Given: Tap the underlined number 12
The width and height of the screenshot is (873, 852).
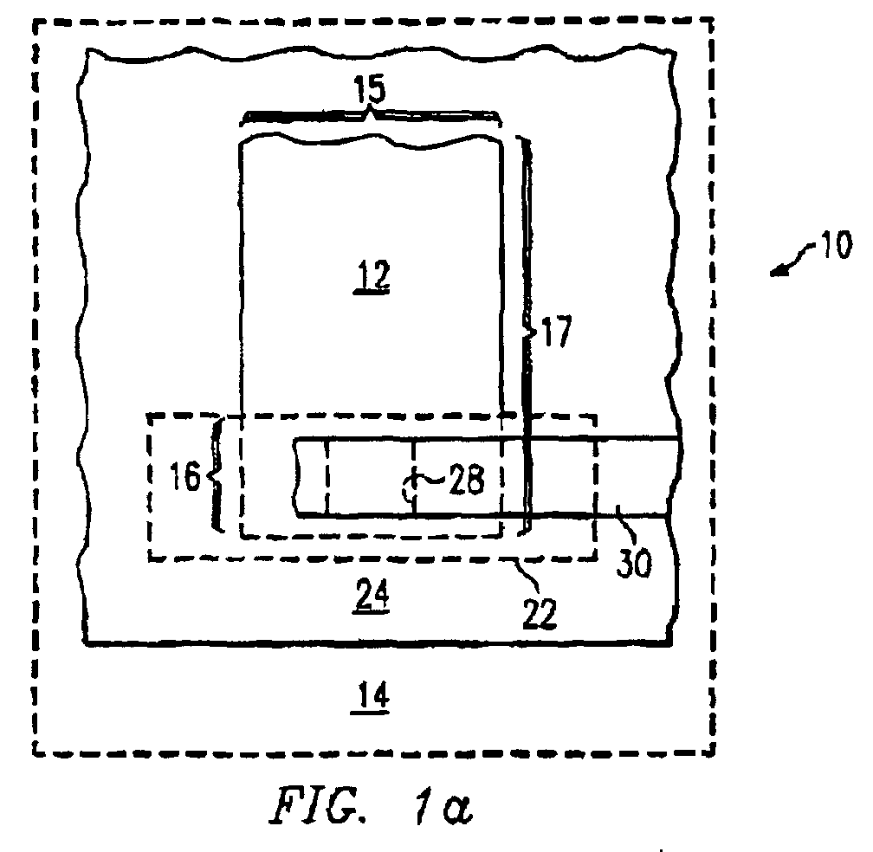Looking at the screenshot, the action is click(372, 274).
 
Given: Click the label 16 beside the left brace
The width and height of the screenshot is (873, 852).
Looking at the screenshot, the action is click(184, 476).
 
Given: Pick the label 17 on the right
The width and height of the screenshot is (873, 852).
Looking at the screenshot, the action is click(556, 331).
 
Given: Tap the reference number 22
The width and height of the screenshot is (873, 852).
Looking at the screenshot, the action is click(540, 615).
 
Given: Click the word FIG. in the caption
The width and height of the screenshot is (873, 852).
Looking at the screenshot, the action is click(318, 804).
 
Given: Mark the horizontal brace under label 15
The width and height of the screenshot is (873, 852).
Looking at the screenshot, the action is click(370, 116).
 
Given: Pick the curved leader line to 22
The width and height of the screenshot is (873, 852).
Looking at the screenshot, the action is click(527, 573).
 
